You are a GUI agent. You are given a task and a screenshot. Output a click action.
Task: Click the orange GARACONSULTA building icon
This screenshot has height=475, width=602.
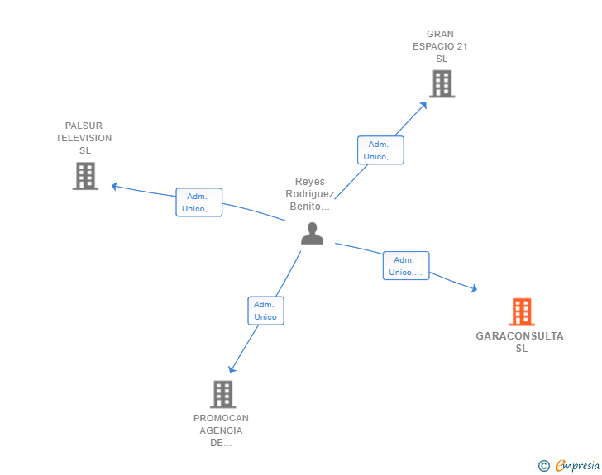point(521,312)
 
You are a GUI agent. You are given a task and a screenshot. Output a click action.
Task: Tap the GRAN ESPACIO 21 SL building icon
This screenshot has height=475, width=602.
point(442,83)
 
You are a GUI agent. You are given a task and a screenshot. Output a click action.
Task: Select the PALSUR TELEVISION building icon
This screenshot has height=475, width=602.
point(85,176)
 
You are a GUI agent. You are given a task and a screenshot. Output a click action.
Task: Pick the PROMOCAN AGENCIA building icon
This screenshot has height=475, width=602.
point(222,394)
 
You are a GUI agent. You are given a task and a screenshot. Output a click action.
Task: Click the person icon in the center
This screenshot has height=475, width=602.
point(312,234)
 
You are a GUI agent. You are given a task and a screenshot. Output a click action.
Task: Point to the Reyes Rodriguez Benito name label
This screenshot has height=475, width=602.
point(310,194)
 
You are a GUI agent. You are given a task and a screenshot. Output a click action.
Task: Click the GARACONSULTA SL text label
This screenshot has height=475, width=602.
point(520,342)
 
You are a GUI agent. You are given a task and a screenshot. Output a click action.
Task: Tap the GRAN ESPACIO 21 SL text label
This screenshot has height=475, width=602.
point(440,46)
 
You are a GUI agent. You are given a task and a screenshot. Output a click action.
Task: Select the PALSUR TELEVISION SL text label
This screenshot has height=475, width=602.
point(84,138)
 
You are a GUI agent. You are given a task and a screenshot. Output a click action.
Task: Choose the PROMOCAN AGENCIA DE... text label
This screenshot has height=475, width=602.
point(221,430)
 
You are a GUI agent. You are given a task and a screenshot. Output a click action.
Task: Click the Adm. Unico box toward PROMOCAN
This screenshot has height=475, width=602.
point(265,311)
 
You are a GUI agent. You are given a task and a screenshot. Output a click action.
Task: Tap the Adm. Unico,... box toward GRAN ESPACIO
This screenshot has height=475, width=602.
point(380,150)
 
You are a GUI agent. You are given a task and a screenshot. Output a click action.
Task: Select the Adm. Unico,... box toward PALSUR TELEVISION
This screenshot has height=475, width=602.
point(198,202)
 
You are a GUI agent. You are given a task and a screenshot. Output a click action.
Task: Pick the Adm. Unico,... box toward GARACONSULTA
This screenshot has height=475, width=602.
point(405,266)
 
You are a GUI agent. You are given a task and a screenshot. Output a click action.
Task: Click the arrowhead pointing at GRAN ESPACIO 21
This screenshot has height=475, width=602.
point(424,104)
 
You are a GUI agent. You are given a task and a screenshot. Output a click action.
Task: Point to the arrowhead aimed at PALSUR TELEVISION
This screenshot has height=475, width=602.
point(115,186)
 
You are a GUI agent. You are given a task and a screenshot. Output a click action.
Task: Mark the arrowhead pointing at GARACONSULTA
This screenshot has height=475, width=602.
point(474,288)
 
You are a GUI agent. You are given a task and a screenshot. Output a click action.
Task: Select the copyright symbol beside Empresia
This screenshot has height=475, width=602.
point(544,466)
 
